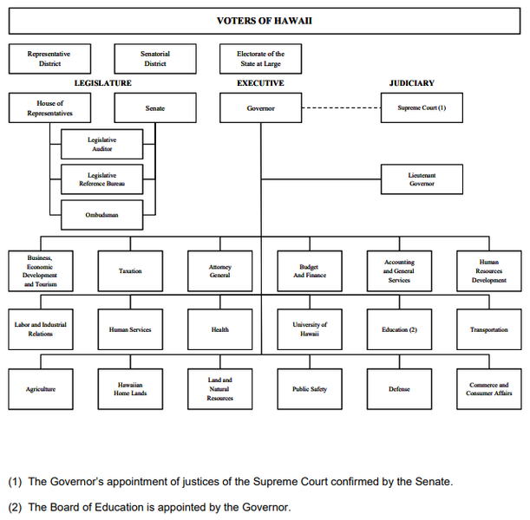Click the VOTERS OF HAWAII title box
pyautogui.click(x=265, y=21)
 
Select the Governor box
pyautogui.click(x=260, y=108)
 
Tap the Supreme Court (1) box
pyautogui.click(x=422, y=107)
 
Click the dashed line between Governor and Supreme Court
pyautogui.click(x=342, y=108)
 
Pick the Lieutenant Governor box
pyautogui.click(x=422, y=179)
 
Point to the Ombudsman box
pyautogui.click(x=101, y=215)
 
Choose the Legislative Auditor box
pyautogui.click(x=101, y=144)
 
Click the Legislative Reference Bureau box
pyautogui.click(x=101, y=179)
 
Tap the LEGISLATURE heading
pyautogui.click(x=102, y=83)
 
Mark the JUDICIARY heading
pyautogui.click(x=412, y=83)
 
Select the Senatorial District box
pyautogui.click(x=155, y=59)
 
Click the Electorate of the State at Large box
pyautogui.click(x=260, y=59)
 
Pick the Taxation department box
pyautogui.click(x=130, y=271)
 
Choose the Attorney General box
pyautogui.click(x=220, y=271)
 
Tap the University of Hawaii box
pyautogui.click(x=310, y=329)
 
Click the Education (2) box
pyautogui.click(x=399, y=329)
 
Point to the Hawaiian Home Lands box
pyautogui.click(x=130, y=389)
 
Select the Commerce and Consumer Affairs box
pyautogui.click(x=488, y=389)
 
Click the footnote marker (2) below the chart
pyautogui.click(x=15, y=508)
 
